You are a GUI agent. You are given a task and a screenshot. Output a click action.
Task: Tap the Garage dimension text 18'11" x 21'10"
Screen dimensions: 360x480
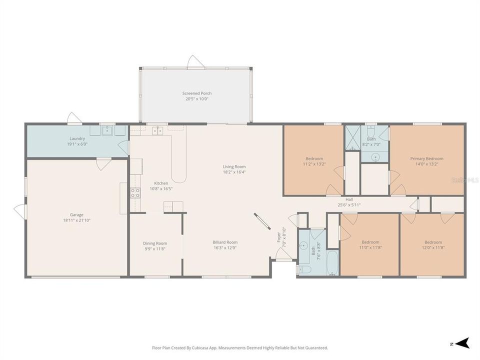click(76, 220)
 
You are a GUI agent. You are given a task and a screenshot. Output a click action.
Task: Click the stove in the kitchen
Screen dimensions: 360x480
click(135, 192)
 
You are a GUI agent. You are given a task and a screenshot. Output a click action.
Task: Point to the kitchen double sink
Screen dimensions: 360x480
click(157, 131)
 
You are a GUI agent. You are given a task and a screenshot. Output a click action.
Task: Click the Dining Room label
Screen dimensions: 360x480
click(155, 243)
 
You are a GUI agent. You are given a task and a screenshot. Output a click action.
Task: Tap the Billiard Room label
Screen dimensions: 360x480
click(225, 242)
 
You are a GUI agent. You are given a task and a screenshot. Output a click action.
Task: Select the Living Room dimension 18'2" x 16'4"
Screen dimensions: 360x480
click(234, 172)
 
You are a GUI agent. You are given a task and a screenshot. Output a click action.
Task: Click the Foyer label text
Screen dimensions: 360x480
click(279, 236)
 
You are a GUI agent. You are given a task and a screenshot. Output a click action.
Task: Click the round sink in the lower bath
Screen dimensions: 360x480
click(303, 245)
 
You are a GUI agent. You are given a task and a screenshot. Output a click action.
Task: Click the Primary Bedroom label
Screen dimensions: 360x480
click(426, 159)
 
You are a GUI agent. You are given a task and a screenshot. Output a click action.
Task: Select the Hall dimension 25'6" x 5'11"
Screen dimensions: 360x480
click(349, 204)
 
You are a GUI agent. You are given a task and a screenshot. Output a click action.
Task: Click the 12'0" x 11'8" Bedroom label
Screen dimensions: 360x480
click(433, 242)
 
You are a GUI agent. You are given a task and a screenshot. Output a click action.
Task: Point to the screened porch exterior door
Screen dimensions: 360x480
click(195, 62)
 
